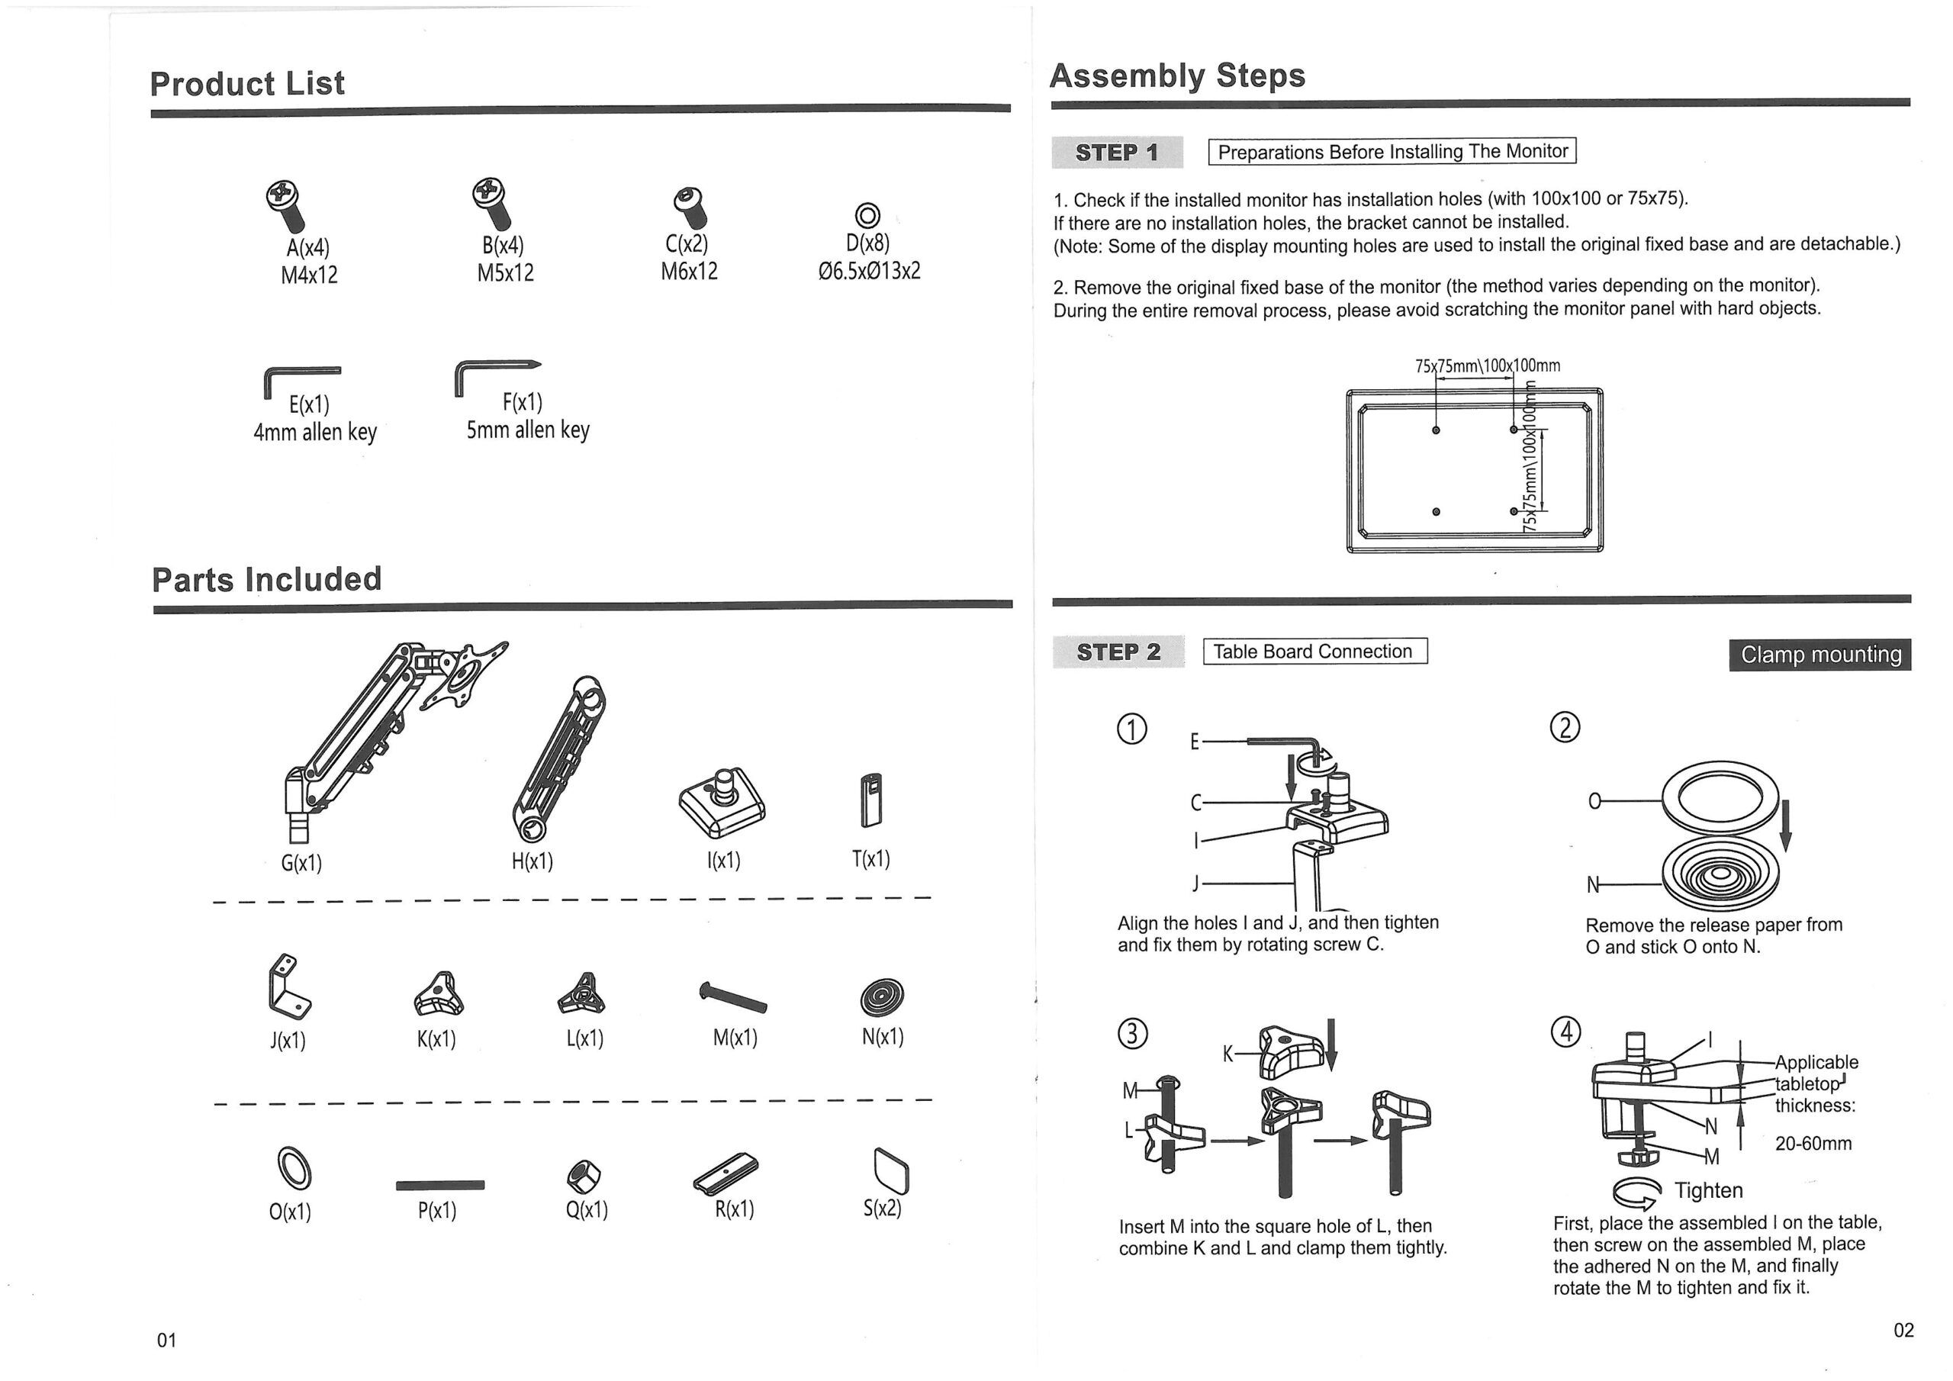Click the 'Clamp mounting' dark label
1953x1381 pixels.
[x=1819, y=655]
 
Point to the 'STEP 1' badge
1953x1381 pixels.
[x=1116, y=153]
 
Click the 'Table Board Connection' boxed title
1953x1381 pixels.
[x=1314, y=652]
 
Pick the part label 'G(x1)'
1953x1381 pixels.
[x=301, y=863]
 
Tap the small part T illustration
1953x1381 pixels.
[x=871, y=800]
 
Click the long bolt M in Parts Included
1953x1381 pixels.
[x=732, y=996]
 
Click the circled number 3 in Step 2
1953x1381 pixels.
[x=1131, y=1033]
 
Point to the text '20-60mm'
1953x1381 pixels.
[x=1813, y=1143]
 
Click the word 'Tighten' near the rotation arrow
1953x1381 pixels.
[x=1708, y=1189]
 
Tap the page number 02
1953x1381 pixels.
[x=1903, y=1330]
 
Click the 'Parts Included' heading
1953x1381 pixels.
[x=266, y=579]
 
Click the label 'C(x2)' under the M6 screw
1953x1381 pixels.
[x=687, y=244]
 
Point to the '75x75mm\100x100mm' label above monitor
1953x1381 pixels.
[x=1487, y=366]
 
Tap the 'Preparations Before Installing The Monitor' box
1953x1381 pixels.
[x=1392, y=152]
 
